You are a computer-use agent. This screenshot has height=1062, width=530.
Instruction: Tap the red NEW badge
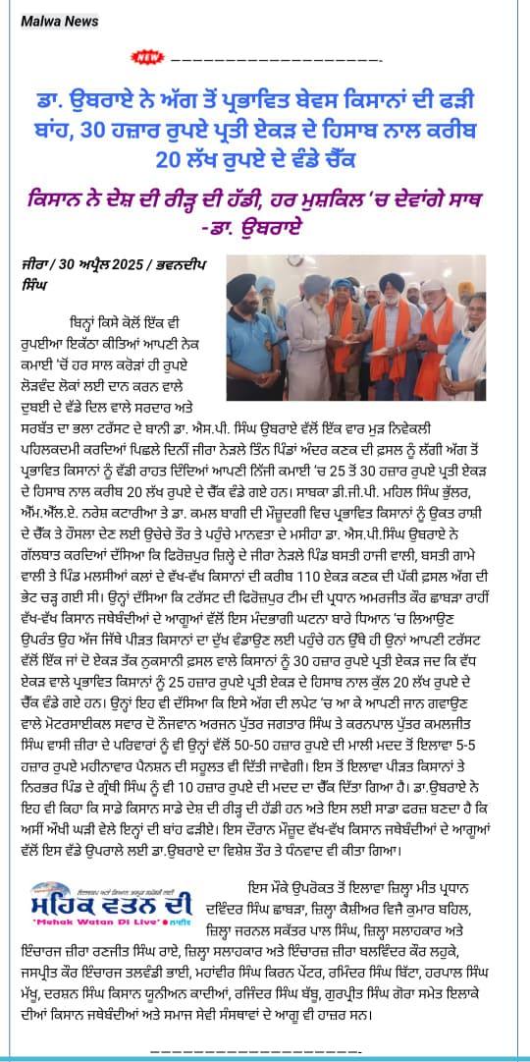(x=148, y=57)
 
